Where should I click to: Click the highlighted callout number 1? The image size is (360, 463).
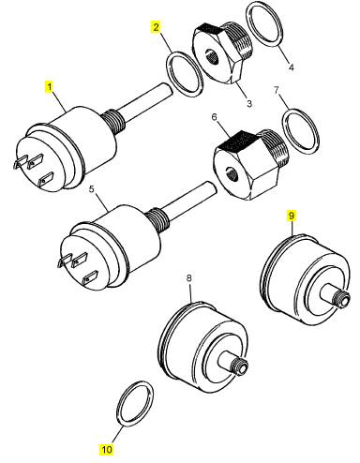49,86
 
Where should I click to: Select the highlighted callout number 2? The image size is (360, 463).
156,27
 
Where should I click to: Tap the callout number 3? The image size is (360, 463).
249,103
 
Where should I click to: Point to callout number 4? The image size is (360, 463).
291,67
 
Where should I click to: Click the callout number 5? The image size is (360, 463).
91,189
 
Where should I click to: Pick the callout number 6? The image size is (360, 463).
214,117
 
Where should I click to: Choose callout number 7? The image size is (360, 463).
277,90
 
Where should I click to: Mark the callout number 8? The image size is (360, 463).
189,277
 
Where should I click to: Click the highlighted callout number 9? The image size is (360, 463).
292,216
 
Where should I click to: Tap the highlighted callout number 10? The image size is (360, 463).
107,450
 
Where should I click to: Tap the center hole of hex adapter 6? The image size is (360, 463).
232,172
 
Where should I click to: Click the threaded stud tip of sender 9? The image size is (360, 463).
343,299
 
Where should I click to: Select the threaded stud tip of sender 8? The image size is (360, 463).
241,366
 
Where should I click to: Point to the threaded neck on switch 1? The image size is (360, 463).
115,121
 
